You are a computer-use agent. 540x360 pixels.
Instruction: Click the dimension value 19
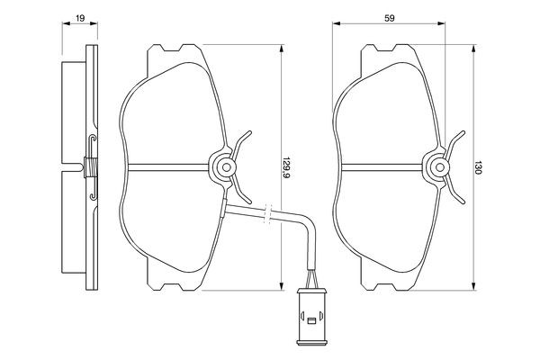(x=80, y=16)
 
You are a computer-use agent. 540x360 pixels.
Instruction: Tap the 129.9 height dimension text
(x=287, y=167)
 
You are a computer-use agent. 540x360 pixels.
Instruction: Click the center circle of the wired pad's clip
(x=222, y=166)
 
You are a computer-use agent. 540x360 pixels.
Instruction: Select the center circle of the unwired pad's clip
(x=437, y=166)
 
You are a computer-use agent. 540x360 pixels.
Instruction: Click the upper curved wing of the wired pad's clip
(x=240, y=144)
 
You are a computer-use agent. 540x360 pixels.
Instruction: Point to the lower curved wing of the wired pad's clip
(x=240, y=188)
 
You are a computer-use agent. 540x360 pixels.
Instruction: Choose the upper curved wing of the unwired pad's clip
(x=455, y=144)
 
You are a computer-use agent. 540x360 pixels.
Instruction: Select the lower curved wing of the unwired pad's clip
(x=455, y=188)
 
